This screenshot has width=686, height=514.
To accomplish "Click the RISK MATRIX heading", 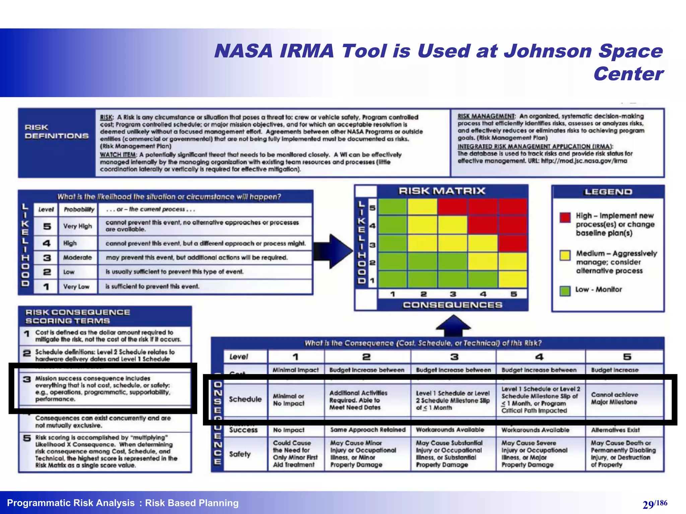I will pyautogui.click(x=442, y=191).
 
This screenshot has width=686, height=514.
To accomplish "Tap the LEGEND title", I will pyautogui.click(x=608, y=192).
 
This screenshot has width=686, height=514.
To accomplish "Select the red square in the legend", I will pyautogui.click(x=565, y=218).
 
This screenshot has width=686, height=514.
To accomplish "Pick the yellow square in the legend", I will pyautogui.click(x=565, y=255).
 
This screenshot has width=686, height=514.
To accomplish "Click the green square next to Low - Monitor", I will pyautogui.click(x=565, y=290).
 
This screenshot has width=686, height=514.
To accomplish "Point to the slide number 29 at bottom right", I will pyautogui.click(x=648, y=504).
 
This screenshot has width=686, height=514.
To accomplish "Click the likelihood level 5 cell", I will pyautogui.click(x=47, y=227).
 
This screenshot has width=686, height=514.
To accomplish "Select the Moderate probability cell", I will pyautogui.click(x=78, y=258).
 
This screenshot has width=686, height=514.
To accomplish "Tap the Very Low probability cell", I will pyautogui.click(x=77, y=287).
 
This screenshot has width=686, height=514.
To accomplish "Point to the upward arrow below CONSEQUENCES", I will pyautogui.click(x=453, y=325).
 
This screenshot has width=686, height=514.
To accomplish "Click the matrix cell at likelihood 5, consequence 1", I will pyautogui.click(x=393, y=206).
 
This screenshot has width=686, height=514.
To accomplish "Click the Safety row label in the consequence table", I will pyautogui.click(x=240, y=454).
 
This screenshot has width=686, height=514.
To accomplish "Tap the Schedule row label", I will pyautogui.click(x=245, y=399).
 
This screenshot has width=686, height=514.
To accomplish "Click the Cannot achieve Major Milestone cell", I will pyautogui.click(x=614, y=399).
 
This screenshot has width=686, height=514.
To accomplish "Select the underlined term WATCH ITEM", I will pyautogui.click(x=118, y=155).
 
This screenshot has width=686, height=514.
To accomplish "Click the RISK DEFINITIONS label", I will pyautogui.click(x=57, y=132).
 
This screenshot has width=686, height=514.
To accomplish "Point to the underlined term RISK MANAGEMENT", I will pyautogui.click(x=486, y=116).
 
